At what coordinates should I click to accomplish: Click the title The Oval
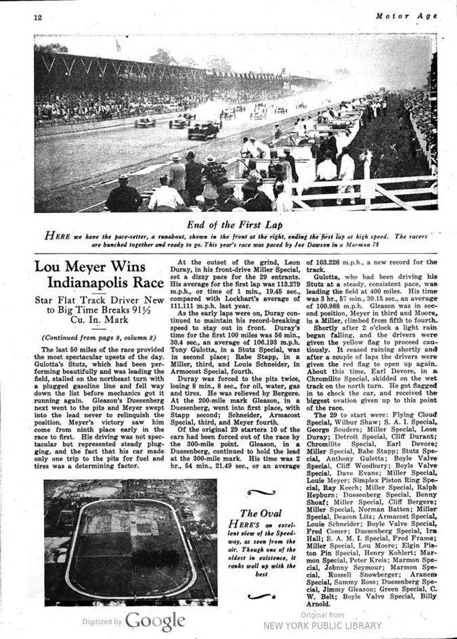[x=261, y=513]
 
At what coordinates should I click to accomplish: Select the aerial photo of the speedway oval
[x=131, y=542]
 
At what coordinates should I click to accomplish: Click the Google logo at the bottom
[x=154, y=621]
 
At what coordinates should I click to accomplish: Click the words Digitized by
[x=102, y=621]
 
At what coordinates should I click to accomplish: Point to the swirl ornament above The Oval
[x=261, y=493]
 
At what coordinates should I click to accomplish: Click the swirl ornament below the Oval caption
[x=261, y=596]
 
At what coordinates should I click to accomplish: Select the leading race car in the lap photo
[x=202, y=131]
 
